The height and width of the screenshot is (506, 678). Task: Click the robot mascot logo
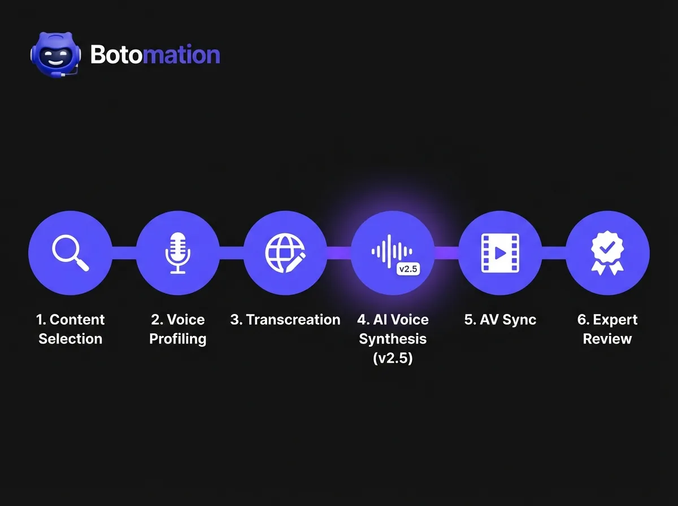coord(55,54)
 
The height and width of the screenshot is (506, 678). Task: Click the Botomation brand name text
coord(155,55)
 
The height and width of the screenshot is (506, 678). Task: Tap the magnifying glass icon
coord(70,253)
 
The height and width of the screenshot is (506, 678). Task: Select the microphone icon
coord(177,253)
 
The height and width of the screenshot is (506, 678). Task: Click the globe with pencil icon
coord(285,253)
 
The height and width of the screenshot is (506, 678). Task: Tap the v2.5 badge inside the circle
coord(407,269)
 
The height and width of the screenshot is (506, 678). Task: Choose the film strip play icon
coord(499,253)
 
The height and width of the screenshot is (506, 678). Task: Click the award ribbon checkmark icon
coord(607,253)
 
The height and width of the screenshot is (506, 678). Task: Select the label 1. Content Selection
coord(70,329)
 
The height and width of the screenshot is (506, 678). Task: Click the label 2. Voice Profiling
coord(177,329)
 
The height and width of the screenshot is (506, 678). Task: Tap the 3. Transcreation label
coord(285,320)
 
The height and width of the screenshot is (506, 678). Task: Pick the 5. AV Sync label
coord(500,320)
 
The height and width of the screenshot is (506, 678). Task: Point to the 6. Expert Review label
coord(607,329)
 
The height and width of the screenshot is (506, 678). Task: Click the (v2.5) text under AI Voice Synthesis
coord(393,358)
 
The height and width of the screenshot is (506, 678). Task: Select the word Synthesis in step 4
coord(393,339)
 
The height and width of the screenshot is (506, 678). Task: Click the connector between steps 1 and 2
coord(124,253)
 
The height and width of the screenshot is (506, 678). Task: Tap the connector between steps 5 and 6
coord(554,253)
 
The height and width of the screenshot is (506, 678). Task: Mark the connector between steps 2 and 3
coord(231,253)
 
